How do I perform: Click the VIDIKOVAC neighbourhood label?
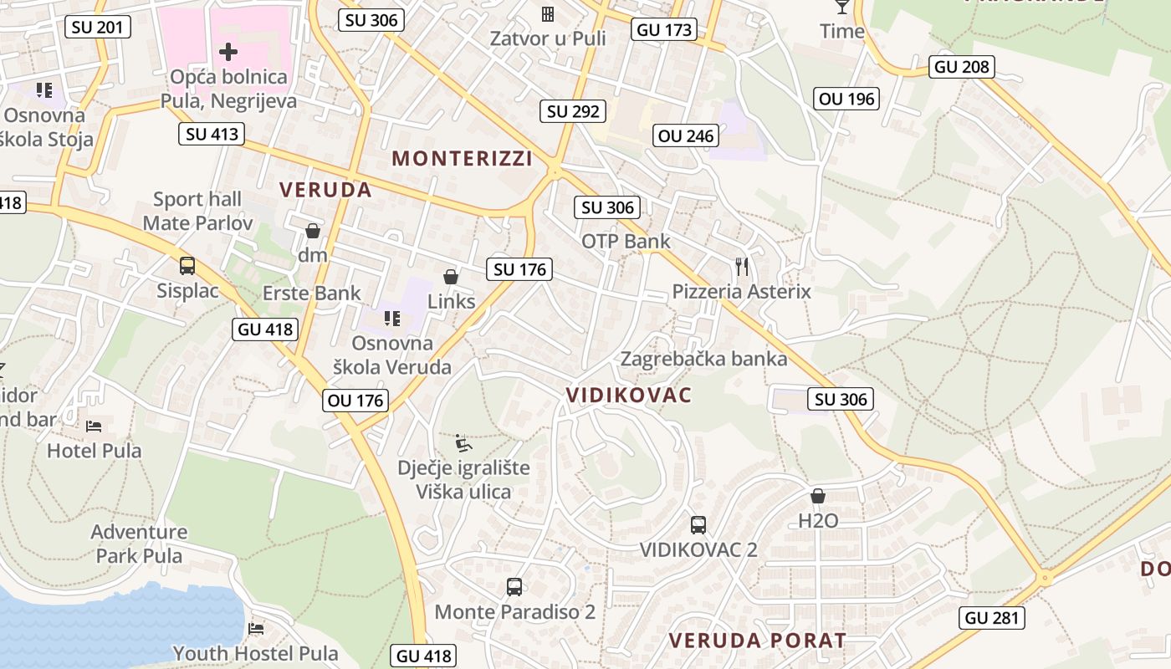[x=629, y=395]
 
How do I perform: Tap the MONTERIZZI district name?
[x=462, y=158]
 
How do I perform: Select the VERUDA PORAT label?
[x=757, y=641]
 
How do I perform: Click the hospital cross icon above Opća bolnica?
[x=228, y=52]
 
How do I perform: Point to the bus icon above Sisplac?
[x=187, y=266]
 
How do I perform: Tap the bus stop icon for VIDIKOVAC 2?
[x=698, y=525]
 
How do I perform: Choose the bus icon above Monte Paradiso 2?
[x=514, y=587]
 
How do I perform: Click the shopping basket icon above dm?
[x=313, y=231]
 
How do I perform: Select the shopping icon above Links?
[x=451, y=277]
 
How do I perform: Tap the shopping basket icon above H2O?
[x=818, y=496]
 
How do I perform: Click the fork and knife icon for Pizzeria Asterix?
[x=742, y=267]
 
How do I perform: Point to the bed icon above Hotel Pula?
[x=95, y=426]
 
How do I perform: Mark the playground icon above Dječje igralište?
[x=463, y=442]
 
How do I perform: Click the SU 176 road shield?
[x=519, y=269]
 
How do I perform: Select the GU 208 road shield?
[x=962, y=67]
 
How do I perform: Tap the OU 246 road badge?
[x=686, y=135]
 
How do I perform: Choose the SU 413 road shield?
[x=212, y=134]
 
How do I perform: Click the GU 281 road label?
[x=992, y=618]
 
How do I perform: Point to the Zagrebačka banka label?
[x=703, y=360]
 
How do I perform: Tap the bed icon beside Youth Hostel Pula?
[x=257, y=628]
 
